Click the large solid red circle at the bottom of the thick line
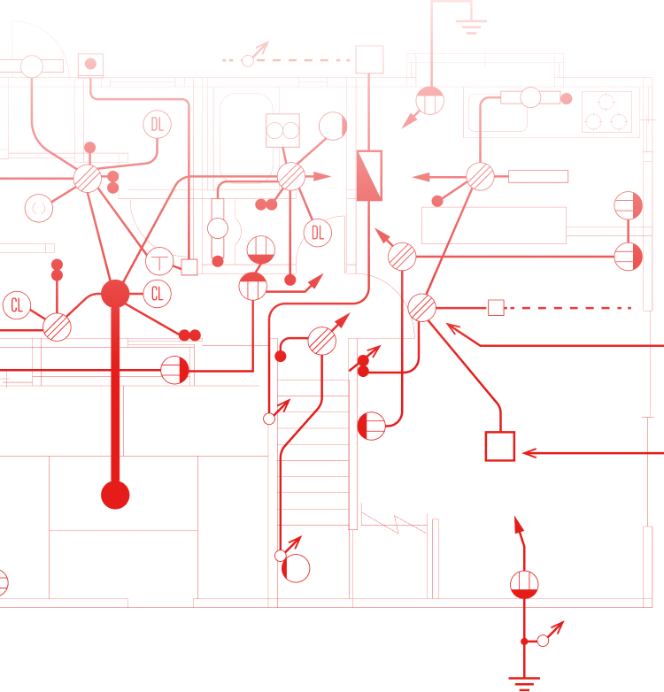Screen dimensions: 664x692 coord(115,495)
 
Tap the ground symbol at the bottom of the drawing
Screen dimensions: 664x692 coord(524,682)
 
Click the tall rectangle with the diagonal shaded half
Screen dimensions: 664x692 coord(369,175)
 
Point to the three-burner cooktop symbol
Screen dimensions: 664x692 coord(606,111)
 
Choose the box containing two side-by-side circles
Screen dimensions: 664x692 coord(282,131)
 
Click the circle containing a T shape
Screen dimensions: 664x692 coord(159,261)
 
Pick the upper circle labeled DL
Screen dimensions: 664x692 coord(158,125)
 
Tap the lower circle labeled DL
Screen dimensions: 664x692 coord(318,233)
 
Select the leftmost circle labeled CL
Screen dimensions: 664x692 coord(17,305)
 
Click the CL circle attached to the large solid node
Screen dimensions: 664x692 coord(158,294)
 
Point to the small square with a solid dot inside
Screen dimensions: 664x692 coord(90,65)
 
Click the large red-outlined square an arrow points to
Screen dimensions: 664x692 coord(500,446)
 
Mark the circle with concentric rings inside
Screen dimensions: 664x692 coord(39,208)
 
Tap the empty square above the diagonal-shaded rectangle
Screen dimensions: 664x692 coord(369,59)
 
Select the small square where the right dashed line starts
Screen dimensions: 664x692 coord(496,308)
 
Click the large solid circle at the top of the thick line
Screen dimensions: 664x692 coord(115,294)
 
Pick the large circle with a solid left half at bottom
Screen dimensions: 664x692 coord(296,568)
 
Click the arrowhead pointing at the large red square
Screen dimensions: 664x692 coord(529,453)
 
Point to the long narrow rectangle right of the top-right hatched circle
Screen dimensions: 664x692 coord(538,176)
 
